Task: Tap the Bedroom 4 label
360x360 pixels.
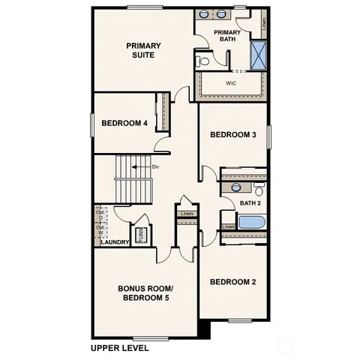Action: [124, 123]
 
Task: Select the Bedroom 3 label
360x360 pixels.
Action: [233, 135]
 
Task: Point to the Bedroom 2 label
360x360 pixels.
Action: [232, 282]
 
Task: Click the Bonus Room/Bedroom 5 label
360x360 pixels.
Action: [145, 293]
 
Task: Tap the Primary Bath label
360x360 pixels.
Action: [227, 37]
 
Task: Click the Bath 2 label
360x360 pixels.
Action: [250, 203]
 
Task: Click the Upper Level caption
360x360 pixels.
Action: [120, 347]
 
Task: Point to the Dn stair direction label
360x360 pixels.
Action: [155, 166]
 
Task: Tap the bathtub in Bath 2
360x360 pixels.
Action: [250, 223]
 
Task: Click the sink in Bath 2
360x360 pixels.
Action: [236, 187]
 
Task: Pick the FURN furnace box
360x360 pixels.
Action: [139, 235]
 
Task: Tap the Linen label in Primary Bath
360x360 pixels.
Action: [265, 22]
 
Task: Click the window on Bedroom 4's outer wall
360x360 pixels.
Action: [92, 124]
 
